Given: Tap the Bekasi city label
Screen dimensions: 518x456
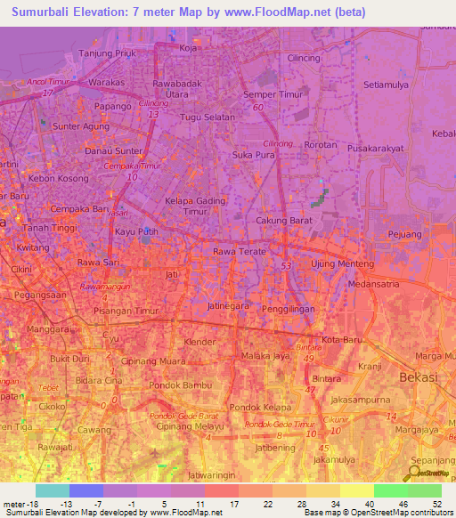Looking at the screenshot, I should coord(418,377).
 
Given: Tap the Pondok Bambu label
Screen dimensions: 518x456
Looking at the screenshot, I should coord(181,385).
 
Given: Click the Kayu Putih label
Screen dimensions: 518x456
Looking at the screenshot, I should coord(136,231).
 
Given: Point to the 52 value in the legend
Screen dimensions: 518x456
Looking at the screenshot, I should coord(436,504).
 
